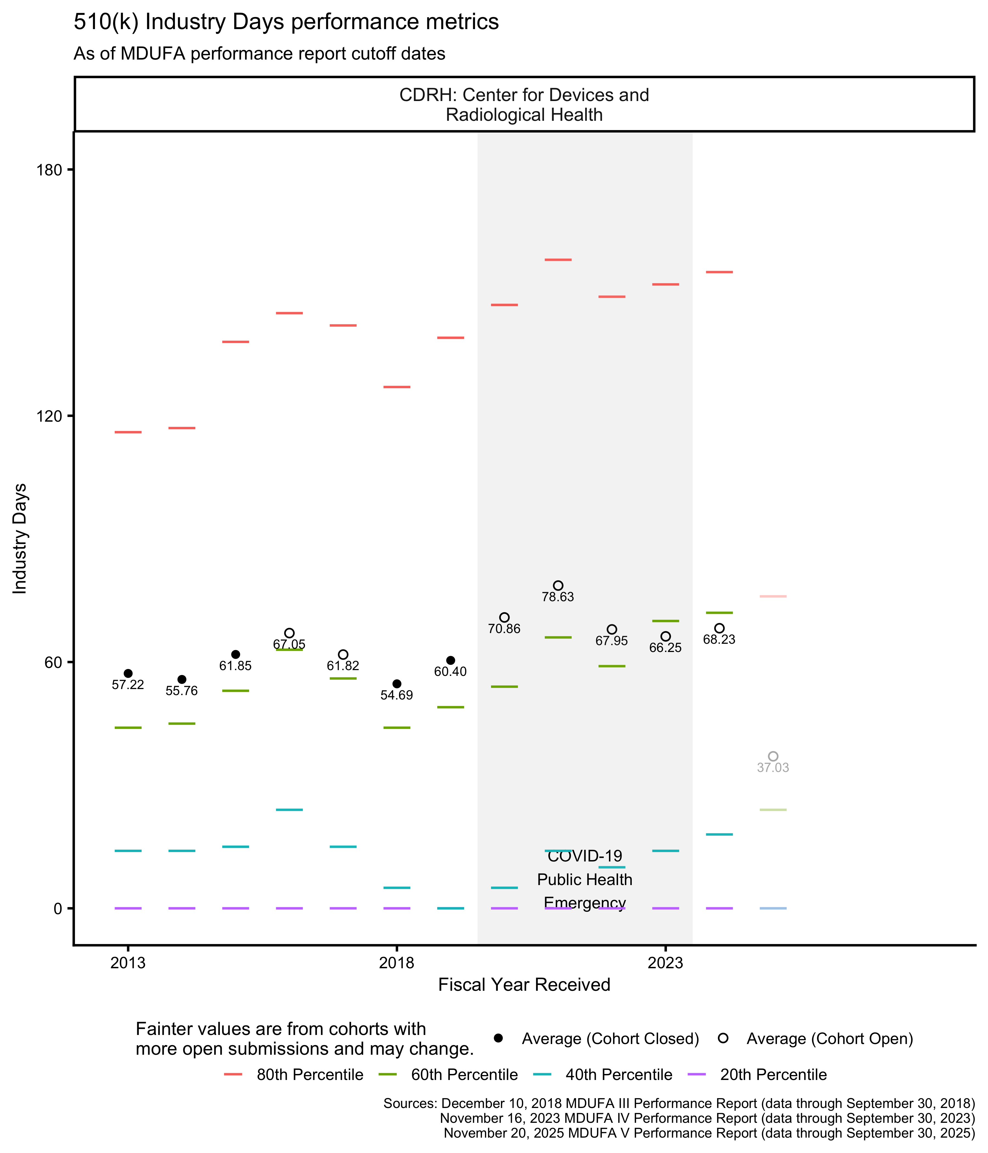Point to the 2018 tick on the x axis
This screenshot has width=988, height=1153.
pos(397,963)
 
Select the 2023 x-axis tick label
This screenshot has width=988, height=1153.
pos(665,963)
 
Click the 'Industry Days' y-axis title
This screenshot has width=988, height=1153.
pos(20,539)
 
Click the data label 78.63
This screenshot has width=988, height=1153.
pos(558,597)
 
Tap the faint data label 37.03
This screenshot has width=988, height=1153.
pos(773,768)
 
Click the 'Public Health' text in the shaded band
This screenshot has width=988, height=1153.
pos(585,880)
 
